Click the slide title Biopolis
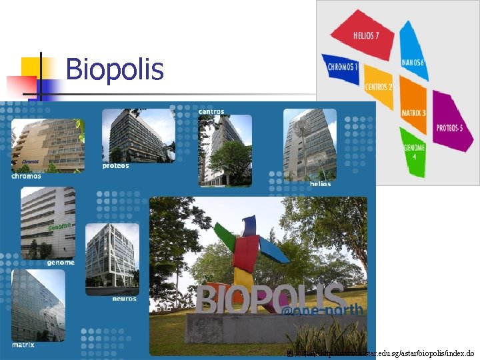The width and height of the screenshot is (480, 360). tap(115, 69)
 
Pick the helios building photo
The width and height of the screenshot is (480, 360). tap(309, 144)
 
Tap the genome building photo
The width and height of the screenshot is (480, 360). tap(47, 223)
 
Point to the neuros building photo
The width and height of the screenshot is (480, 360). tap(112, 259)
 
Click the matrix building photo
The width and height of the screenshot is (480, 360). tap(38, 305)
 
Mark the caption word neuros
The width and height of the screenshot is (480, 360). tap(124, 299)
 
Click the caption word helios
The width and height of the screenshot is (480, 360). tap(320, 184)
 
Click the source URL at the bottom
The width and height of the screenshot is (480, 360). tap(380, 353)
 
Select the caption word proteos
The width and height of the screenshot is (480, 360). tap(116, 165)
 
